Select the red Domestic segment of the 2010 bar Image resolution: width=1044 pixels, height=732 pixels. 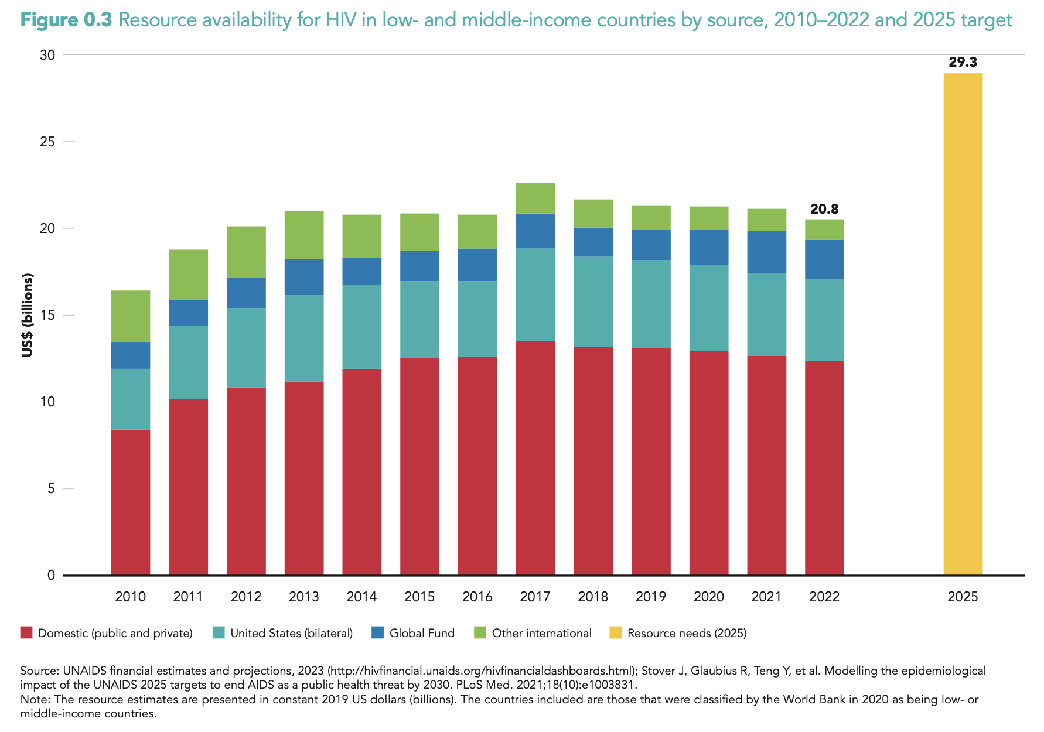click(130, 502)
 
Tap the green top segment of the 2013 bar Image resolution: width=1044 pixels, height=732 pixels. click(304, 235)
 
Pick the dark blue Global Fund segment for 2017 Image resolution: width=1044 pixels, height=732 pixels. click(535, 231)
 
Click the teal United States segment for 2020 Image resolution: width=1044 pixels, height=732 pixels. click(709, 308)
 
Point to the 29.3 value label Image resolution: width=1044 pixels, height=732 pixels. click(963, 62)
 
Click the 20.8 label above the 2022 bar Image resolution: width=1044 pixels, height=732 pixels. click(824, 209)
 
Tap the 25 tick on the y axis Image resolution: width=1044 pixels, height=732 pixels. click(47, 142)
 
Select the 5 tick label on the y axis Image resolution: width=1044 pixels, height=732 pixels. click(52, 488)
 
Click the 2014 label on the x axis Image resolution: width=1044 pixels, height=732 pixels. click(361, 597)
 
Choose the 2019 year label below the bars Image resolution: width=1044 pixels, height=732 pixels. click(651, 597)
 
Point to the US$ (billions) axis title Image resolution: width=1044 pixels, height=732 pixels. click(28, 315)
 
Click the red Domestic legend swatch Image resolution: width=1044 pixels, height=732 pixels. click(26, 633)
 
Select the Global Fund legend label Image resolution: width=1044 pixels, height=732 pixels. click(422, 633)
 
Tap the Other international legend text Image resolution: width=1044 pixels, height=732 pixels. click(541, 633)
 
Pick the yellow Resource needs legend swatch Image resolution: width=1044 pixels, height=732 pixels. click(615, 633)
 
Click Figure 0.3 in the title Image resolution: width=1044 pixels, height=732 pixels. click(66, 20)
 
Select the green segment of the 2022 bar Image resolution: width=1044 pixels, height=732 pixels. click(824, 230)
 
